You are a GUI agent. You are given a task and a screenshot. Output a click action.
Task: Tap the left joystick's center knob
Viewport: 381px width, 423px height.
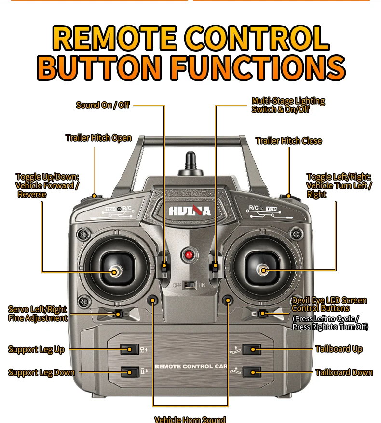116,272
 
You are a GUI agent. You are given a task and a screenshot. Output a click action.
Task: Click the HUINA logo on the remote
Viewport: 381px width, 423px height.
190,211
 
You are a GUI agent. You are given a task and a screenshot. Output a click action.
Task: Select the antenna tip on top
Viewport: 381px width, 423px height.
190,157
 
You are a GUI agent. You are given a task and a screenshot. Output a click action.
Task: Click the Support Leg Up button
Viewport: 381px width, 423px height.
129,349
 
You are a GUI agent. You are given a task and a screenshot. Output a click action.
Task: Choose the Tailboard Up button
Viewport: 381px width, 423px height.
252,349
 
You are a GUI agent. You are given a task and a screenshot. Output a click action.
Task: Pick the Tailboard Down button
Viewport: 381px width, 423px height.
252,372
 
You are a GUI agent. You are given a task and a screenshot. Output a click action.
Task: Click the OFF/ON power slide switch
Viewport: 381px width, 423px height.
190,285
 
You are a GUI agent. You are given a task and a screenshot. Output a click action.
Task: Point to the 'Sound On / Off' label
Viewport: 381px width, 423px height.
103,105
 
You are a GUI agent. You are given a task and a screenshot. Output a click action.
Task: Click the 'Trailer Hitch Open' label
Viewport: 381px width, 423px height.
98,138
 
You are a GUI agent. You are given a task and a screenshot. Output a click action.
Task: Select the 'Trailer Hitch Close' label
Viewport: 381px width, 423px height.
288,141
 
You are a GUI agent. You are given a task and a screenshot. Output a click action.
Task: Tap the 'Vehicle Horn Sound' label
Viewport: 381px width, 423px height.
190,419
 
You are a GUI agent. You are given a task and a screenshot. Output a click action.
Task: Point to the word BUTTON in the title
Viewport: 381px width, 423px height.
100,67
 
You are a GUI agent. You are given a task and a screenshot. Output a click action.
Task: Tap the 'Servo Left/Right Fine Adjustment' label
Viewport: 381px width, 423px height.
38,314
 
